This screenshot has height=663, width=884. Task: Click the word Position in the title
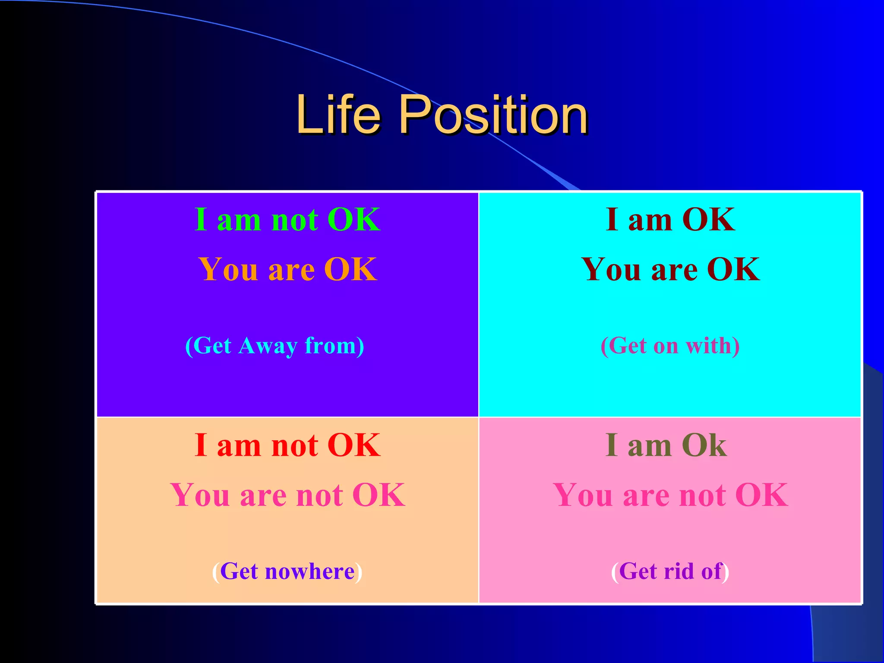tap(494, 115)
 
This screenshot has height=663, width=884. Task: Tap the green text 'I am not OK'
tap(287, 220)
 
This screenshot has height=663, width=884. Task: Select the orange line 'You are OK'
tap(287, 269)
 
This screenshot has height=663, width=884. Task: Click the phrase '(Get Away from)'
tap(275, 346)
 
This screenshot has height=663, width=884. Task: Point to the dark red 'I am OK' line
tap(670, 220)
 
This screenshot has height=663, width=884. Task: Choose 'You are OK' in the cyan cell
tap(670, 269)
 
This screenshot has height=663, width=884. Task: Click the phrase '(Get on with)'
tap(670, 346)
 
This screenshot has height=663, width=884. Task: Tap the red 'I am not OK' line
tap(287, 445)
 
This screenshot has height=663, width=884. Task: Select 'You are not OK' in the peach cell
tap(287, 495)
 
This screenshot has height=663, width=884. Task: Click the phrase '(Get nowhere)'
tap(287, 571)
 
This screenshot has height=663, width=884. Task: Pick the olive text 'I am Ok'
tap(666, 445)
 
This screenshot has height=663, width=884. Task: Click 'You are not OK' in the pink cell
tap(670, 495)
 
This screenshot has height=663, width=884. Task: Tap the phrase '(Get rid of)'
tap(670, 571)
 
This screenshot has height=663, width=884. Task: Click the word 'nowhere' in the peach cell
tap(309, 571)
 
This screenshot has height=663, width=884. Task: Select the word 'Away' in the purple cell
tap(268, 346)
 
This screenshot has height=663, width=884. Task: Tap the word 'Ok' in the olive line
tap(704, 445)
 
